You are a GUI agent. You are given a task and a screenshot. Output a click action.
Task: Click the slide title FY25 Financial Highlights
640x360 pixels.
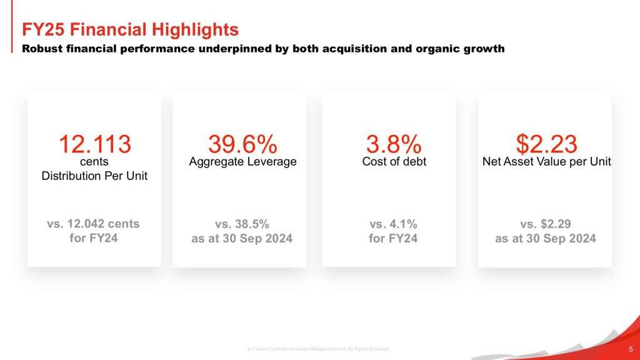(x=130, y=29)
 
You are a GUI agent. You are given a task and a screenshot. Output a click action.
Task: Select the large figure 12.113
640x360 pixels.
(x=94, y=144)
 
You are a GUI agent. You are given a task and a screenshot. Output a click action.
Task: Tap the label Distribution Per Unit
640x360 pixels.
(x=94, y=176)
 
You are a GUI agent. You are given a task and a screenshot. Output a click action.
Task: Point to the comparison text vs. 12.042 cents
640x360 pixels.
(x=94, y=224)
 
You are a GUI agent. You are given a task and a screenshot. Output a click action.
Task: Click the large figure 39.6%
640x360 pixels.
(x=242, y=144)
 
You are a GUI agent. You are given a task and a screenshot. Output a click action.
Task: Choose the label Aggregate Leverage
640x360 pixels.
(x=242, y=162)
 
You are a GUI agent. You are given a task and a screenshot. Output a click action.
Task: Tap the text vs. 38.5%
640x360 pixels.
(x=242, y=224)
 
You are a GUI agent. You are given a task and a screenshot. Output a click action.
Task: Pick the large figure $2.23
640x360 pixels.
(x=546, y=144)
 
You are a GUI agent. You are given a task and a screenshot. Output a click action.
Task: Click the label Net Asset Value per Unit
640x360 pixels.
(x=546, y=162)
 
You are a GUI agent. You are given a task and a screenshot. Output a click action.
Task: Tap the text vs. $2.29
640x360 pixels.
(x=546, y=224)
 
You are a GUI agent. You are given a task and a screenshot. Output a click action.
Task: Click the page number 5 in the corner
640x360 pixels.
(x=630, y=347)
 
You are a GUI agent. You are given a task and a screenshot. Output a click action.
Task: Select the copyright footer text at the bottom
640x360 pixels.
(x=318, y=348)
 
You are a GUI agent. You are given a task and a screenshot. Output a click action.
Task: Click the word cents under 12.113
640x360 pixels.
(x=94, y=162)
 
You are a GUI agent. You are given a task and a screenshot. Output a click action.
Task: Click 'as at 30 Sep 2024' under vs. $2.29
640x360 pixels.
(x=546, y=238)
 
